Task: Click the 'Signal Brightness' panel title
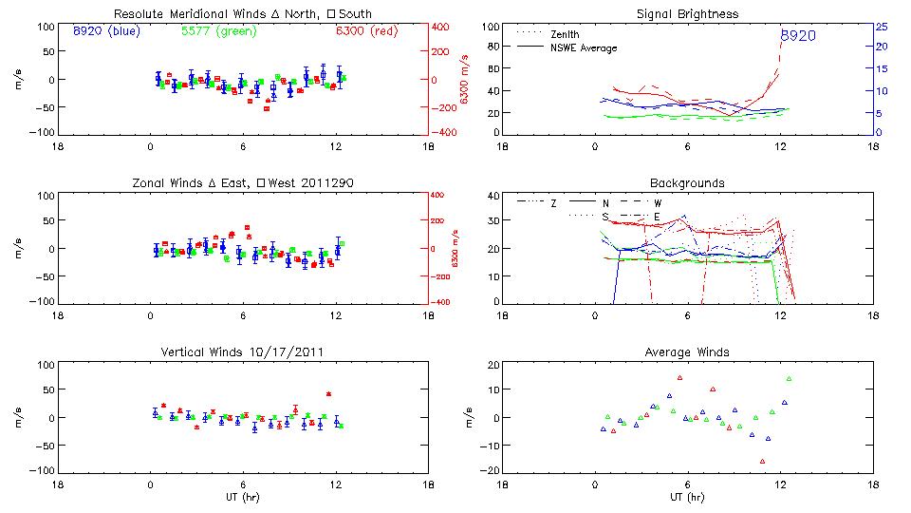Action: (688, 14)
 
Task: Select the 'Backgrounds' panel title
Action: (688, 182)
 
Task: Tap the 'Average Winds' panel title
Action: (688, 351)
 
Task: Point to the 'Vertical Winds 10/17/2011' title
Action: (243, 351)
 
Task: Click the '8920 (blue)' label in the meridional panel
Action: (105, 31)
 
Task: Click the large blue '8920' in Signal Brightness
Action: (797, 36)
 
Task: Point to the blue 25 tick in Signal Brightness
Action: (881, 27)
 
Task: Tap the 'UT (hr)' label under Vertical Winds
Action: (243, 496)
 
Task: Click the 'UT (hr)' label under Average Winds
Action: (688, 496)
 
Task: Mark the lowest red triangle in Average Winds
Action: (762, 461)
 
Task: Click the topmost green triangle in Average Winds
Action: (789, 379)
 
